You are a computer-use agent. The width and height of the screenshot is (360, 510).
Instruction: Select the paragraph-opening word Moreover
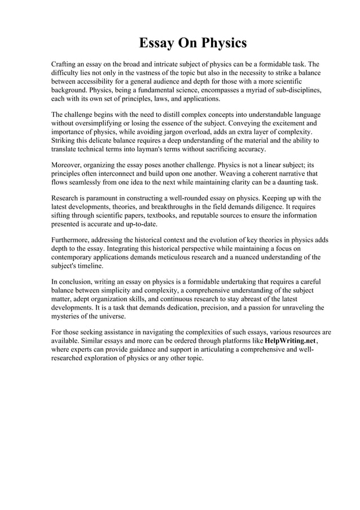(x=68, y=165)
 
